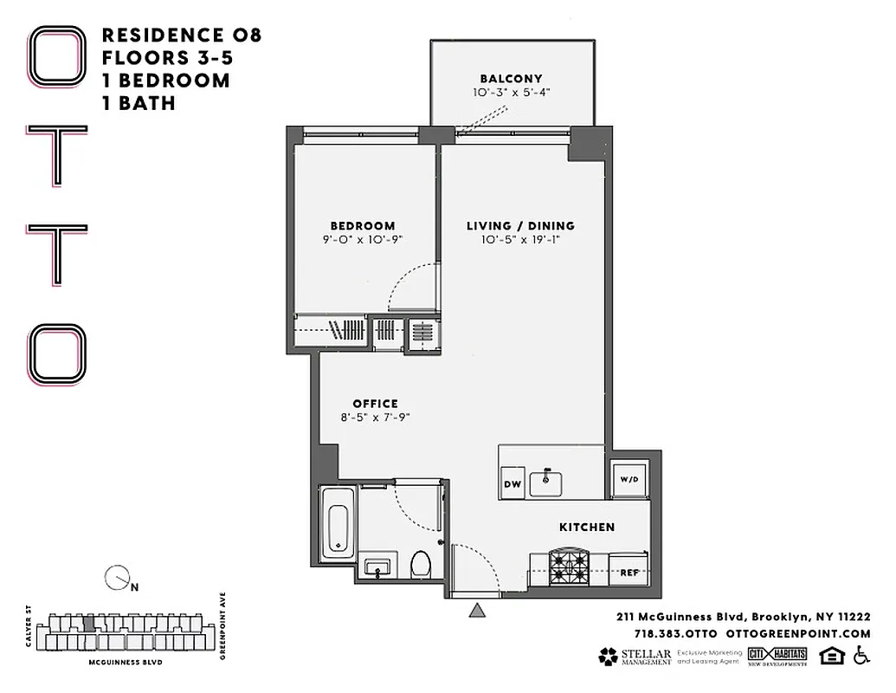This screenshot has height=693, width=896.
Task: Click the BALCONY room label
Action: (511, 79)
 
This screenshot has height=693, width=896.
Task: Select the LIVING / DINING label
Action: (520, 226)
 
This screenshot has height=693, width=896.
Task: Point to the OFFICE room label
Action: (375, 403)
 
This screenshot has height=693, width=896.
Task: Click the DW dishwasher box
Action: (512, 484)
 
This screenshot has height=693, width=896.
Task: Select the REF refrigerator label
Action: (629, 573)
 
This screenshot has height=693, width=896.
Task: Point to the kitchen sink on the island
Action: (545, 482)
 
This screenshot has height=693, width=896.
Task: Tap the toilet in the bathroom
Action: (420, 564)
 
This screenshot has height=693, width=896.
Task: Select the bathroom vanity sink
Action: (377, 567)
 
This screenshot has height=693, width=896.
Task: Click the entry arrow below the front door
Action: (476, 612)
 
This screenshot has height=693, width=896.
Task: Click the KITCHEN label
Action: (587, 527)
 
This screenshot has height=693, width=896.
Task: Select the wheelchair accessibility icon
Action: (861, 657)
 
